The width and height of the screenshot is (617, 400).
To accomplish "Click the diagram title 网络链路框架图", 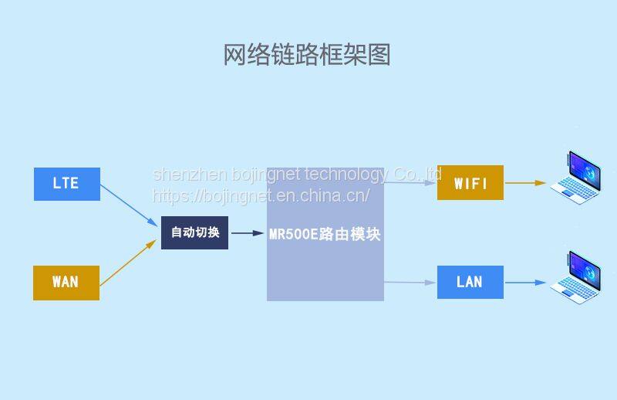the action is click(x=307, y=55).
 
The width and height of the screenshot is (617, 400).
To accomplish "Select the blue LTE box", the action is click(x=66, y=184).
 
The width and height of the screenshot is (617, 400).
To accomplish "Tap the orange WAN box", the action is click(x=66, y=282).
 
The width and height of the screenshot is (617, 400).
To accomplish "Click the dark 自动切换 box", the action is click(x=194, y=232).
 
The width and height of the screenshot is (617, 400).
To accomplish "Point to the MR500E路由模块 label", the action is click(x=325, y=234).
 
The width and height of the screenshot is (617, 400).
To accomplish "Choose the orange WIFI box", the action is click(x=470, y=183).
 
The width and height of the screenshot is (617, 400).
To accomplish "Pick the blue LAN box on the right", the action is click(x=470, y=282).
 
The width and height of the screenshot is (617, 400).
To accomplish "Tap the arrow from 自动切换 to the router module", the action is click(x=247, y=232).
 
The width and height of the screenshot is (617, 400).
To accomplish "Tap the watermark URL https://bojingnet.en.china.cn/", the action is click(x=261, y=195).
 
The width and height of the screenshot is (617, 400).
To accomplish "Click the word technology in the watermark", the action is click(x=346, y=175).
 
